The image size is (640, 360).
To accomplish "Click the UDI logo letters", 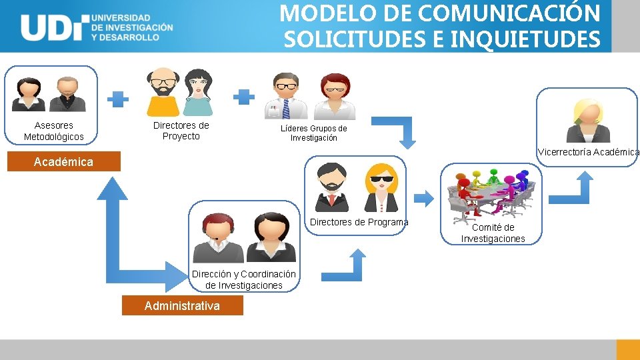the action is pos(53,27).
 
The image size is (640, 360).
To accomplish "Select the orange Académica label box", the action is pos(64,162).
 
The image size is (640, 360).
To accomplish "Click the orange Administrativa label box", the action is pos(182,306).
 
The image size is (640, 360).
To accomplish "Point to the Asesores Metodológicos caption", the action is pos(54,131).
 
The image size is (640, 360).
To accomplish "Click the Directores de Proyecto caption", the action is pos(181,131).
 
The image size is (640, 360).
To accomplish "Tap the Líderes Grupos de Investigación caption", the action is pos(313,133).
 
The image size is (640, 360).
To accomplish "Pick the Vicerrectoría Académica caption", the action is pos(588,152).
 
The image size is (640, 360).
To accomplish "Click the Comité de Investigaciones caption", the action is pos(493,233).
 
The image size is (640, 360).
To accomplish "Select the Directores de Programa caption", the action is pos(359,222).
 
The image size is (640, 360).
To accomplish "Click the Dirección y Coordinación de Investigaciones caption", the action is pos(243,280).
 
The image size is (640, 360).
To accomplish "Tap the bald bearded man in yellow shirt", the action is pos(163,92).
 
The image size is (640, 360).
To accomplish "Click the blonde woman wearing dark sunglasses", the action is pos(381,187).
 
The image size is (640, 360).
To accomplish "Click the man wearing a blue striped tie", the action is pos(287,96).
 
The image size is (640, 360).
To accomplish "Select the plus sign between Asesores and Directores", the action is pos(119,99).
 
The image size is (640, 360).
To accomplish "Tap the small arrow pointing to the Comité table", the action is pos(424,197).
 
